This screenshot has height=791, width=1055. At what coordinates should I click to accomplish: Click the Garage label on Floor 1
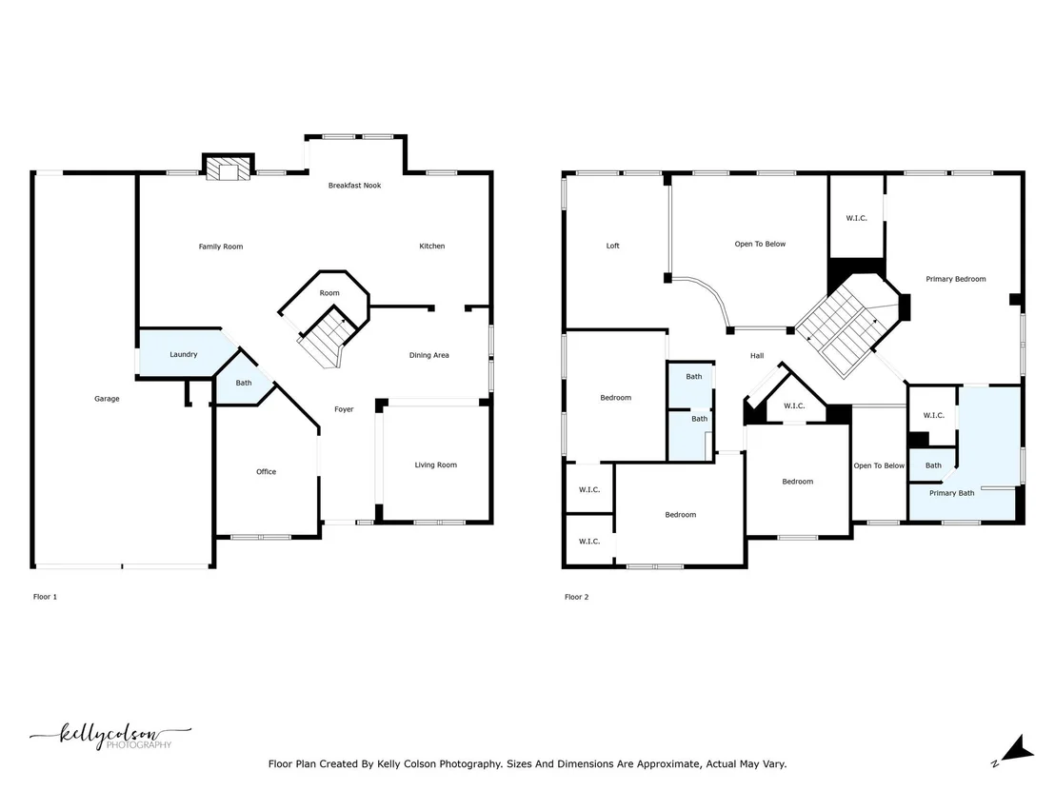tap(107, 399)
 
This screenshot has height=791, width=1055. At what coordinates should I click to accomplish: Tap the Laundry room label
tap(184, 354)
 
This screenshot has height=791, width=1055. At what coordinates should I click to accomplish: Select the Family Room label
tap(221, 247)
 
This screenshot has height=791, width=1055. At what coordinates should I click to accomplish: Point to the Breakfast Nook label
tap(354, 186)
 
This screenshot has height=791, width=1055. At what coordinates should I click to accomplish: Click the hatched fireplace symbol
tap(229, 168)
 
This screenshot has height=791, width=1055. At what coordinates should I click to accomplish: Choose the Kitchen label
tap(432, 247)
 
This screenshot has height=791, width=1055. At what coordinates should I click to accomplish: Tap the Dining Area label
tap(429, 355)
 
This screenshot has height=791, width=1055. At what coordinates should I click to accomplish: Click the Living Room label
tap(435, 465)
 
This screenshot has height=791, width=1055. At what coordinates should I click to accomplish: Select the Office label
tap(267, 471)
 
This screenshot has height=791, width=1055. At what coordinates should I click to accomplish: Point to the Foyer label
tap(344, 409)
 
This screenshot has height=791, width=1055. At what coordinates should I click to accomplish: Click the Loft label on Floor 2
tap(613, 246)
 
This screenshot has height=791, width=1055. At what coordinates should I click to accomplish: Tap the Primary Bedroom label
tap(955, 279)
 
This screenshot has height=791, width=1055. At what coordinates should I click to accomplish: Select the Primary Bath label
tap(952, 493)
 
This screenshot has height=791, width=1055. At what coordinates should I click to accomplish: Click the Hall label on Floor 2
tap(757, 356)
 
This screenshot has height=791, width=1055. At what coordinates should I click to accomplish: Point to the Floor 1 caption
tap(45, 597)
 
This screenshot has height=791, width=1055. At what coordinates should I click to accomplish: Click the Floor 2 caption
tap(577, 597)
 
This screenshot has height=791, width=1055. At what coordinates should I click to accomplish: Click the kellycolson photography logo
tap(109, 736)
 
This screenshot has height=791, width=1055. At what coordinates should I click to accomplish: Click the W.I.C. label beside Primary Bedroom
tap(857, 218)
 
